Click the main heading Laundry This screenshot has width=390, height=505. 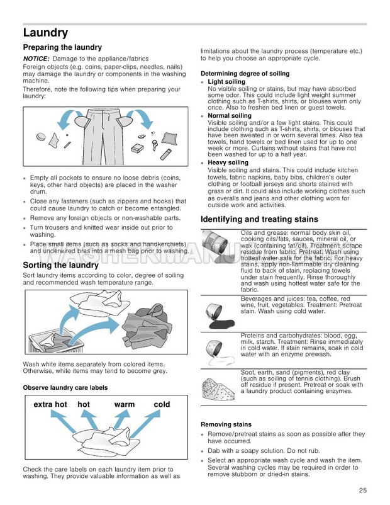coord(45,33)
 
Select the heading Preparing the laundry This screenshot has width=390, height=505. coord(62,48)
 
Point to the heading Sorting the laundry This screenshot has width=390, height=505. coord(59,266)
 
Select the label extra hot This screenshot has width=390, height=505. coord(50,404)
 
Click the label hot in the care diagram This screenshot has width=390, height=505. coord(84,404)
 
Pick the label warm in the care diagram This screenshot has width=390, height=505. coord(125,404)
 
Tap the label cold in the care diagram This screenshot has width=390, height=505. coord(162,404)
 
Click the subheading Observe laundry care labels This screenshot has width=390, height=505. coord(65,387)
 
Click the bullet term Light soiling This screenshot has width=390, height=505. coord(226,82)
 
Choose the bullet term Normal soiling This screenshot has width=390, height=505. coord(230,116)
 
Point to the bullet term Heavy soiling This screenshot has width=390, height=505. coord(228,162)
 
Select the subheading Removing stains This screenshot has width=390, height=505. coord(226,425)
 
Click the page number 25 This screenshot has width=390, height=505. coord(363,490)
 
